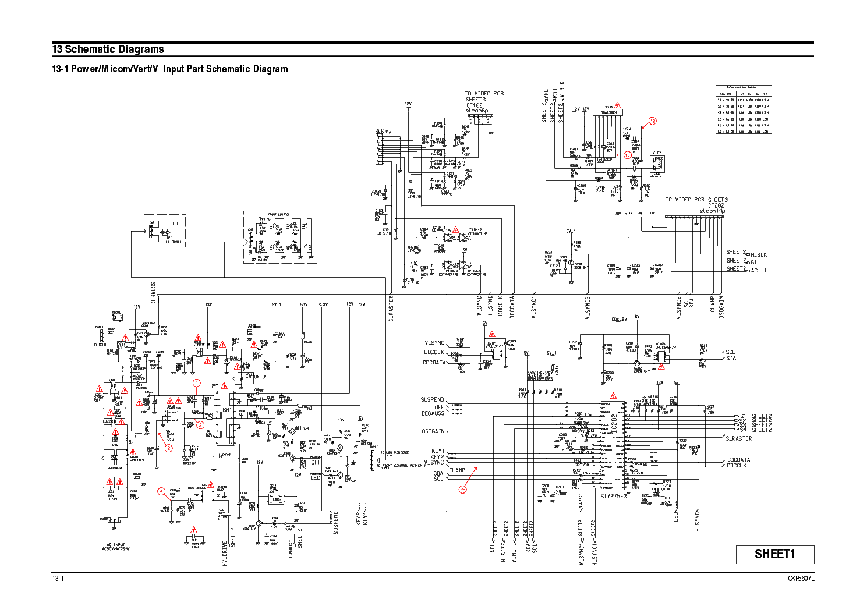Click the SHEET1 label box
(774, 554)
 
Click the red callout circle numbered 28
(463, 490)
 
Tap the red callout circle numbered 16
(652, 121)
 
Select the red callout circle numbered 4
(161, 491)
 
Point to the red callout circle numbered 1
(197, 383)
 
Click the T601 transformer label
(226, 410)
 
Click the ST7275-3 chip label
(614, 497)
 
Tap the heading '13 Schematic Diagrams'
(108, 49)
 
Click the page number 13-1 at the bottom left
(58, 579)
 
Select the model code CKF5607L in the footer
(801, 579)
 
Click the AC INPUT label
(116, 545)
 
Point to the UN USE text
(261, 377)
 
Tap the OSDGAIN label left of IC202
(433, 431)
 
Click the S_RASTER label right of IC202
(738, 438)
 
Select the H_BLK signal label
(759, 255)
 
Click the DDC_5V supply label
(619, 319)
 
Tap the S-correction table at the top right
(743, 109)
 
